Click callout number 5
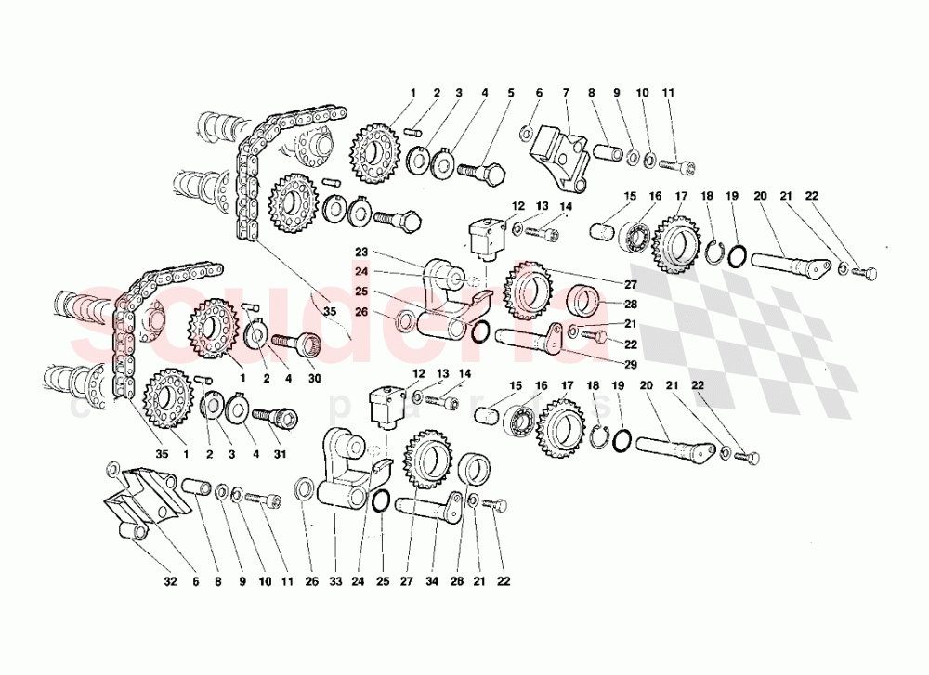tap(510, 93)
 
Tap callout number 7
tap(564, 93)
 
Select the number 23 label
tap(362, 251)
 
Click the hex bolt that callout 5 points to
tap(478, 174)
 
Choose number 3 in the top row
tap(458, 93)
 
